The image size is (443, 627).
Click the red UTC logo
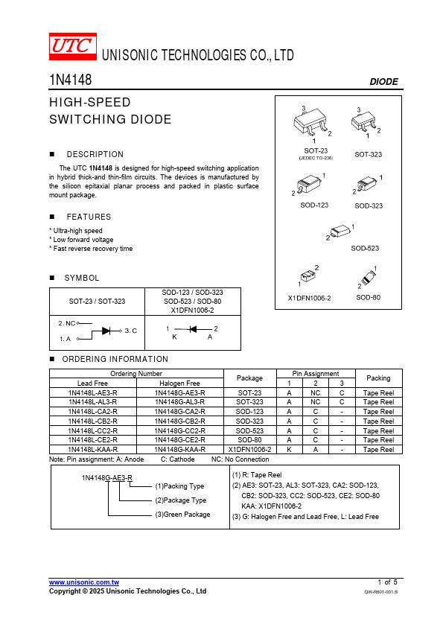click(x=73, y=46)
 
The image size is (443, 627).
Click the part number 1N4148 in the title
click(x=71, y=80)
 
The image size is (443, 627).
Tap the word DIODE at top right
click(x=384, y=82)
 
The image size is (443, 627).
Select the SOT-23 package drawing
click(x=312, y=122)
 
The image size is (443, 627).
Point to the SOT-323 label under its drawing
click(x=369, y=154)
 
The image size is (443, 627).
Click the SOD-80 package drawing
click(x=369, y=277)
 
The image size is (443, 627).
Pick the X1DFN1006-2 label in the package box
click(x=310, y=298)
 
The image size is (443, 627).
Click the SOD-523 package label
click(x=365, y=248)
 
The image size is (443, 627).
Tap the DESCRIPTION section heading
click(x=95, y=154)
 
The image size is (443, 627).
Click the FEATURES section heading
click(x=89, y=217)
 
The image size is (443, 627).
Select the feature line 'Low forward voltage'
click(x=83, y=240)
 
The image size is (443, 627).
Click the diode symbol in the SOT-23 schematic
click(x=106, y=331)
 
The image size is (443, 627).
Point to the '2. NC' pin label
click(x=67, y=323)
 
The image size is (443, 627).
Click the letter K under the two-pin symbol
click(x=174, y=337)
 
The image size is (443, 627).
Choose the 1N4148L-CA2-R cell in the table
click(x=93, y=412)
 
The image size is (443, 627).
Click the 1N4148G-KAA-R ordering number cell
click(x=180, y=450)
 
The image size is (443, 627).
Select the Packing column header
click(x=378, y=378)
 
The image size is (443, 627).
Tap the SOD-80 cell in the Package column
click(x=250, y=440)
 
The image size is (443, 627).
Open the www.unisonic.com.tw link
click(x=84, y=582)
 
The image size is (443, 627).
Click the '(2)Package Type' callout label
click(x=181, y=500)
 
